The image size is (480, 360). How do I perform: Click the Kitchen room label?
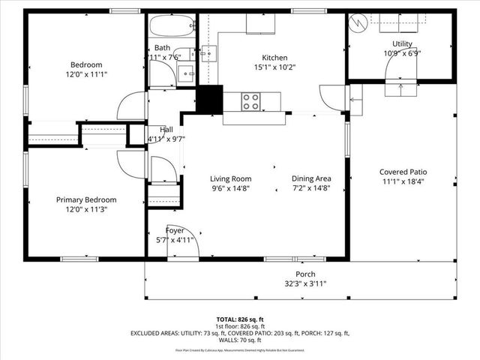coord(274,58)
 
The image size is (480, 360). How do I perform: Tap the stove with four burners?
coord(250,100)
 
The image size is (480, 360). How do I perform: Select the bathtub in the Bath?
coord(172,27)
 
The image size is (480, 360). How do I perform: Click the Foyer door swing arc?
coord(184,241)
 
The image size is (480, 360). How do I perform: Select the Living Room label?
coord(230,178)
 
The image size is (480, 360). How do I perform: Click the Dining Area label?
coord(311,178)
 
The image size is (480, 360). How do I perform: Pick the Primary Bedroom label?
coord(87,199)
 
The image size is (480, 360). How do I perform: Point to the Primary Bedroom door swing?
coord(132,163)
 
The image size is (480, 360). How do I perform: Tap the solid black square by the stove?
coord(210,100)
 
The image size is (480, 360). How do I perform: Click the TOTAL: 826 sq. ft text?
coord(240,319)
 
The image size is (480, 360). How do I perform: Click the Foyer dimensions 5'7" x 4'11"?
coord(175,240)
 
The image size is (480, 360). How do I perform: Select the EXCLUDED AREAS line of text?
coord(240,333)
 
